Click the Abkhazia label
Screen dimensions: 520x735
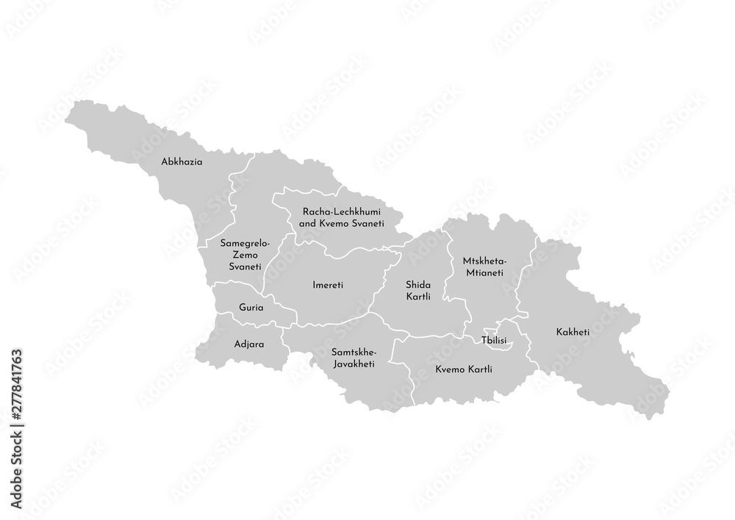coord(182,161)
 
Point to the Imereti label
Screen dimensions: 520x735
coord(329,284)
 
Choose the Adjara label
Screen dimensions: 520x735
coord(248,343)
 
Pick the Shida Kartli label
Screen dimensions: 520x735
coord(417,289)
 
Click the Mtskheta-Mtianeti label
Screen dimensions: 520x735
coord(483,266)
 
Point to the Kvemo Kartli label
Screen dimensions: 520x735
coord(463,369)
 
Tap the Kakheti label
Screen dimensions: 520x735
coord(573,332)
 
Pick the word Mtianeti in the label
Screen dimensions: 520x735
coord(483,272)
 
